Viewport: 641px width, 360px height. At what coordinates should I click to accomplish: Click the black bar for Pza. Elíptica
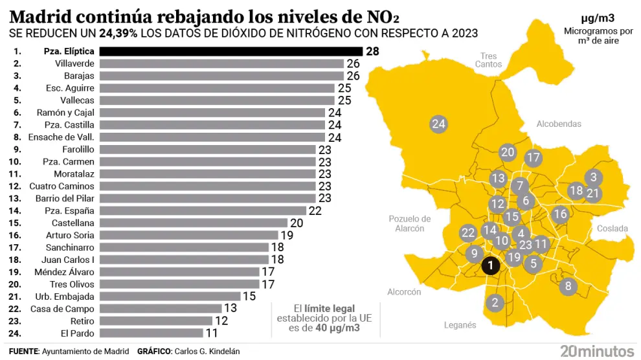tap(232, 51)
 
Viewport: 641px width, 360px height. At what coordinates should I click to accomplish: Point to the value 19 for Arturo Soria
tap(287, 235)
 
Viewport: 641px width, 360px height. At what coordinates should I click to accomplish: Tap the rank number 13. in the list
tap(17, 198)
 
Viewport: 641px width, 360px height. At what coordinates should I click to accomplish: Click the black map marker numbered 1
tap(491, 265)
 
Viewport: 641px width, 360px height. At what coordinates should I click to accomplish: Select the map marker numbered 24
tap(439, 124)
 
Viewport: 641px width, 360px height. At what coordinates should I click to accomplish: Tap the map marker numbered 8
tap(568, 286)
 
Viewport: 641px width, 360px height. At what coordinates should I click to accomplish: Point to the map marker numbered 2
tap(495, 302)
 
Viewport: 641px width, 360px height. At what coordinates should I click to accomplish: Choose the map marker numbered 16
tap(560, 214)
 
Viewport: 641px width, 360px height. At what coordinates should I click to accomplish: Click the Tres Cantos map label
tap(488, 60)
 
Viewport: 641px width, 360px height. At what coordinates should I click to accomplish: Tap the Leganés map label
tap(460, 325)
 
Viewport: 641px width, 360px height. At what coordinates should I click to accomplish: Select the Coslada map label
tap(612, 229)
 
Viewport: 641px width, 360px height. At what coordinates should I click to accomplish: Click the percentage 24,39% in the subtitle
tap(118, 33)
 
